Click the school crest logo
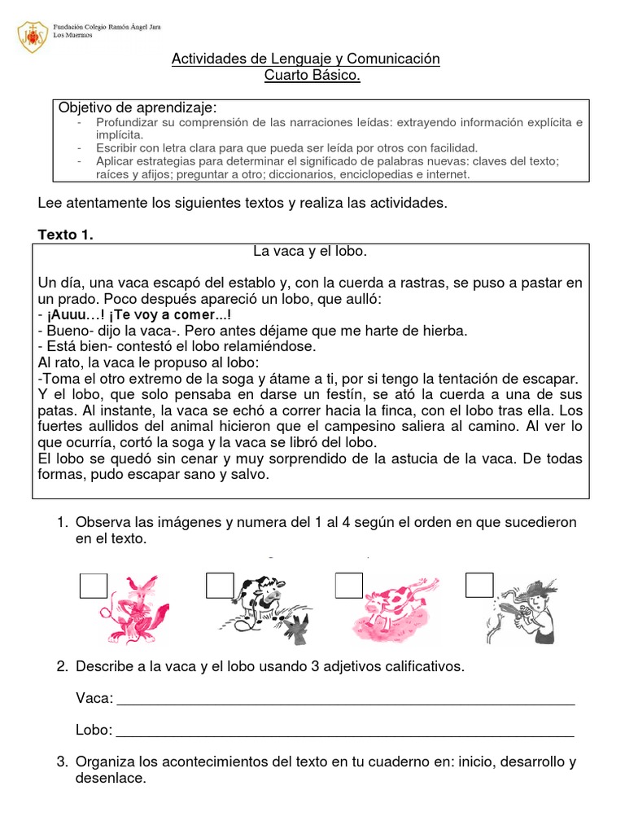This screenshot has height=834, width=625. point(33,36)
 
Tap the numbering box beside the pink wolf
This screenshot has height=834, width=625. point(93,586)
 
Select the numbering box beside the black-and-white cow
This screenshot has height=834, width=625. point(220,586)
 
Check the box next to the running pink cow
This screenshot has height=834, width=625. point(349,586)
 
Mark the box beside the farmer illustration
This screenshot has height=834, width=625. point(479,586)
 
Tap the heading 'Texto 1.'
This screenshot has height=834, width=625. point(66,235)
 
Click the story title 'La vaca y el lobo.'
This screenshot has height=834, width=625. point(305,252)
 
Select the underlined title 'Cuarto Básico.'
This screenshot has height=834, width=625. point(312,76)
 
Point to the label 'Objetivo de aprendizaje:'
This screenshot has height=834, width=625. point(138,108)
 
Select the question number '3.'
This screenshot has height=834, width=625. point(62,762)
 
